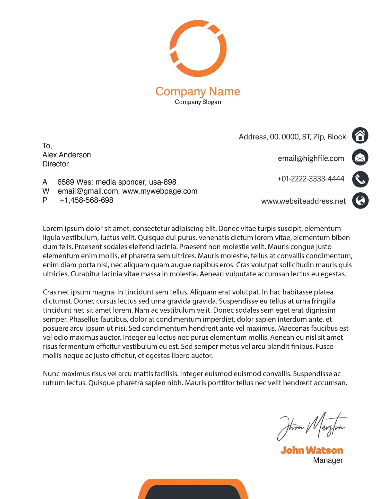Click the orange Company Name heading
(x=198, y=92)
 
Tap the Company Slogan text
(x=198, y=102)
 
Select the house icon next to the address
(x=360, y=135)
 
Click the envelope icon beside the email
(x=360, y=157)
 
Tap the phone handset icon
(x=360, y=179)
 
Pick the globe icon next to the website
(x=360, y=201)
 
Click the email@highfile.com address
(x=311, y=158)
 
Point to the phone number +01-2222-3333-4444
(x=311, y=179)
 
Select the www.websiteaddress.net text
(x=303, y=201)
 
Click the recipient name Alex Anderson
(x=66, y=155)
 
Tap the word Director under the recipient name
(x=55, y=164)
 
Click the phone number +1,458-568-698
(x=86, y=200)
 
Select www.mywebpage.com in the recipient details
(x=160, y=191)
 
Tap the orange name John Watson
(x=311, y=450)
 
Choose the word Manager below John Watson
(x=328, y=460)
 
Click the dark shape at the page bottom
(x=193, y=492)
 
